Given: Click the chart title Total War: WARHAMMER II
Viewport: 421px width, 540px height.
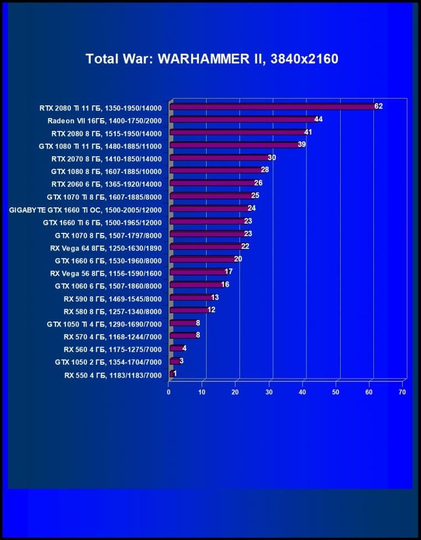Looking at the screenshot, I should (x=212, y=59).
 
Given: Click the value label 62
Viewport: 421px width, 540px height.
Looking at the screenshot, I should (x=379, y=106).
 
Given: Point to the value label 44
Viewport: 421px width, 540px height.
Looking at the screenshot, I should (x=319, y=119).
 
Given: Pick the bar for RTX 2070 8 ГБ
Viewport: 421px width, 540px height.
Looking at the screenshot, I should (x=218, y=157).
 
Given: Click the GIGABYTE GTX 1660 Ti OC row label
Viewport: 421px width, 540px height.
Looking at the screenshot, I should (x=86, y=210).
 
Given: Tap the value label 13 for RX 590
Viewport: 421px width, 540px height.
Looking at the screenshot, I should (x=215, y=297).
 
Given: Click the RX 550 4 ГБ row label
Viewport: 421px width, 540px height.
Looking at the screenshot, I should (x=112, y=375).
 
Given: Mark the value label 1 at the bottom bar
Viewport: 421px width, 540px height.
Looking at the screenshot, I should (x=175, y=374).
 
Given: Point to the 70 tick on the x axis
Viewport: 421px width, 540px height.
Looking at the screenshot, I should (x=402, y=391).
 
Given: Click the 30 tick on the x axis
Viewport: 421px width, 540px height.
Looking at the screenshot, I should (x=269, y=391).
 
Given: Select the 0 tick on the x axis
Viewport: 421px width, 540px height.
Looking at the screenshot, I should (x=169, y=391).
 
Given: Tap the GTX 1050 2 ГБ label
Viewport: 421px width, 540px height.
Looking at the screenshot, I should (x=108, y=363).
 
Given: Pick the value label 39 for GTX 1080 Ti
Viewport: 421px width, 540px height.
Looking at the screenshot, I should (x=302, y=145).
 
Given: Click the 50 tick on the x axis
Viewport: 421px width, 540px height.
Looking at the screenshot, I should (x=336, y=391).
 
